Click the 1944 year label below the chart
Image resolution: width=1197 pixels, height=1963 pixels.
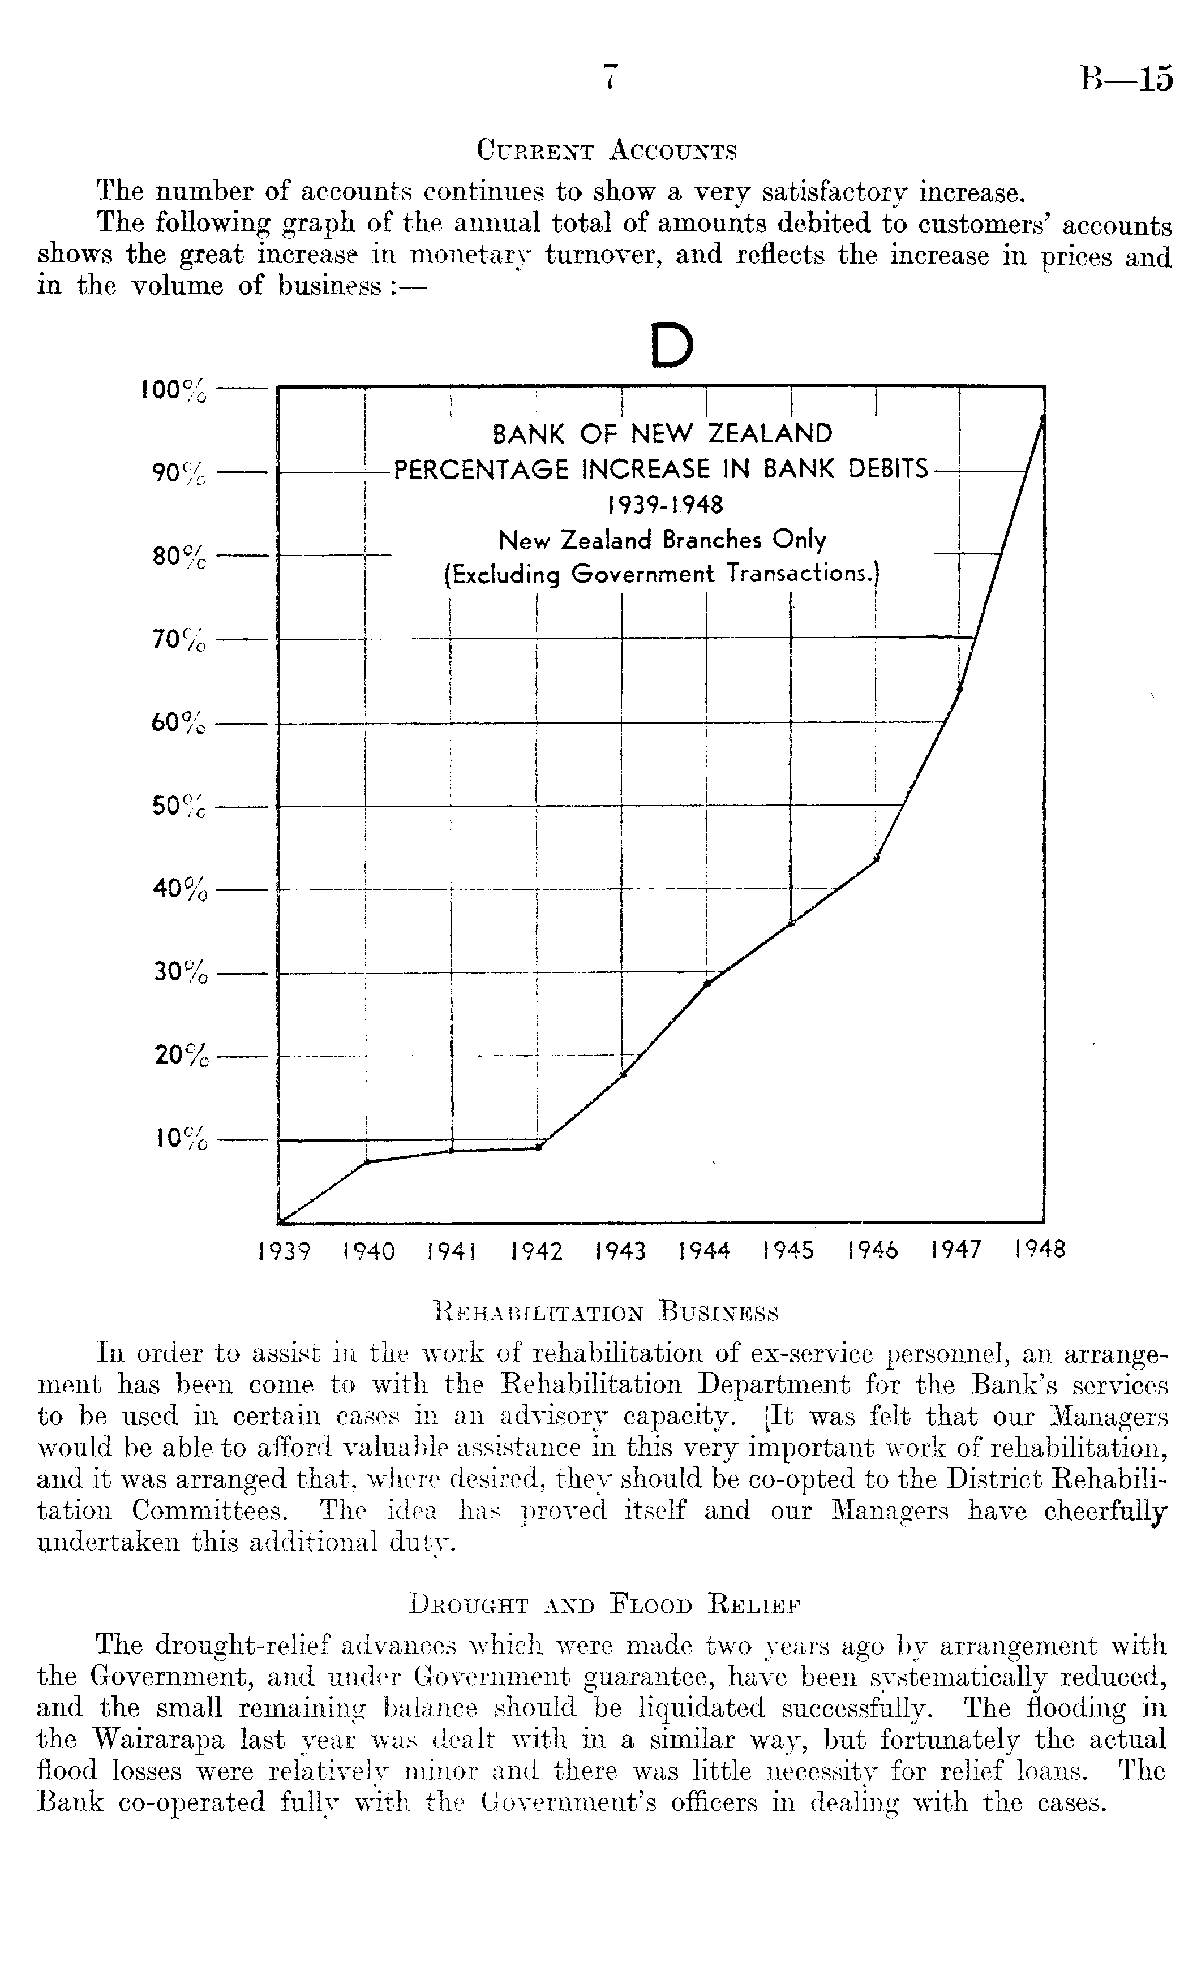pyautogui.click(x=705, y=1251)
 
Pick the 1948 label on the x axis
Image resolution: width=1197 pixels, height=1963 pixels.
pyautogui.click(x=1041, y=1249)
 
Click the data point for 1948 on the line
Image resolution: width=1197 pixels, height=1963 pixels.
pyautogui.click(x=1043, y=418)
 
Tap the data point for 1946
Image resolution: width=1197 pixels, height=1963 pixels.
pyautogui.click(x=877, y=859)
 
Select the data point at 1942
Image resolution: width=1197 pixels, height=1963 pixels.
pyautogui.click(x=539, y=1147)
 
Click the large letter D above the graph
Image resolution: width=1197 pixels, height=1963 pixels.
pyautogui.click(x=671, y=346)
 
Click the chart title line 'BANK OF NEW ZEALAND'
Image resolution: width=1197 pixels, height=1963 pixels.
pyautogui.click(x=662, y=434)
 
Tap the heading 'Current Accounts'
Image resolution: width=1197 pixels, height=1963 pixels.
pyautogui.click(x=607, y=150)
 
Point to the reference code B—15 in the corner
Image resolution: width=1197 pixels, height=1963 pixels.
pyautogui.click(x=1126, y=79)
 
